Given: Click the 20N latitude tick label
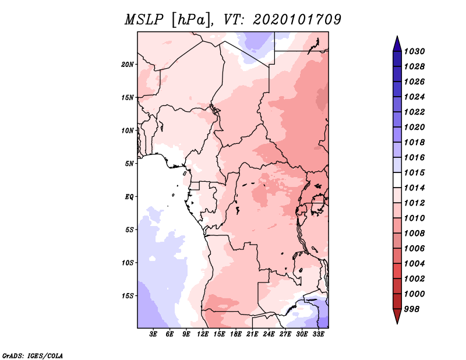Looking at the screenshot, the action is tap(127, 65).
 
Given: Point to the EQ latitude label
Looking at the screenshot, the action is tap(129, 197).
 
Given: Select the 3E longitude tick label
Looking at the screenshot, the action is tap(153, 334).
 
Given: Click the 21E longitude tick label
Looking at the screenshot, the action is tap(252, 334).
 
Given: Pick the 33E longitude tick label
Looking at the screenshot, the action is tap(318, 334).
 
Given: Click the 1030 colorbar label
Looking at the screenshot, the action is tap(414, 51).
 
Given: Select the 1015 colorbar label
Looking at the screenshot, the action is tap(414, 172).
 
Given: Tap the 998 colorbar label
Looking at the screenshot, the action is tap(412, 309).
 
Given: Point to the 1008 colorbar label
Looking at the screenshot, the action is tap(414, 234).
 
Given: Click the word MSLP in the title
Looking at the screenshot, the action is tap(144, 20).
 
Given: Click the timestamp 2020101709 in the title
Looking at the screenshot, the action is tap(297, 20).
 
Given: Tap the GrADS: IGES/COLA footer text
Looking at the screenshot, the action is tap(33, 355).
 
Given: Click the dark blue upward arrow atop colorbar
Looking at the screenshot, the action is tap(397, 44).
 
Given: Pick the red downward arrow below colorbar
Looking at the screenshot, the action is tap(397, 316).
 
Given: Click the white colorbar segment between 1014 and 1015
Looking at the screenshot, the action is tap(397, 180).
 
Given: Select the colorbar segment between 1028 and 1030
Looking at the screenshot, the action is tap(397, 59).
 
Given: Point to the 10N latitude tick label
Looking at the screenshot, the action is tap(127, 130).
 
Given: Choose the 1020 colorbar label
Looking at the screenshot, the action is tap(414, 127).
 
